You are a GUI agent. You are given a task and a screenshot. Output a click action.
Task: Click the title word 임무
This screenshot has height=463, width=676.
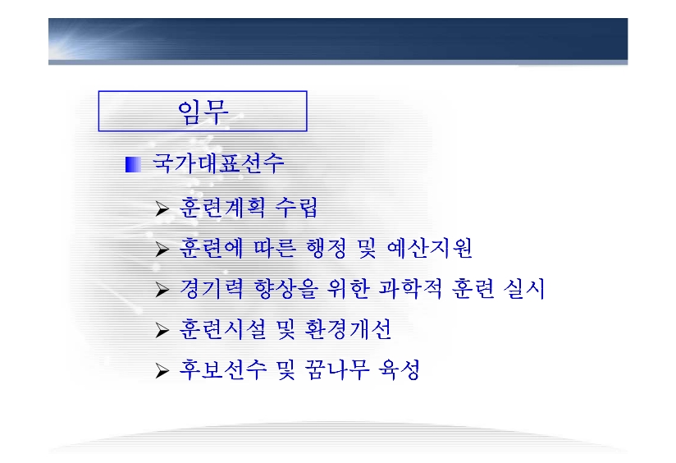203,112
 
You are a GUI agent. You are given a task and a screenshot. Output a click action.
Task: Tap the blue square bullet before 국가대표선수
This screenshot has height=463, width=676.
133,164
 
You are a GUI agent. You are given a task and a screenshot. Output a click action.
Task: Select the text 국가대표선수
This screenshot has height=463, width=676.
218,163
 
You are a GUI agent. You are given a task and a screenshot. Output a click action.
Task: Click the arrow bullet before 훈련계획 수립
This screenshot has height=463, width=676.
162,209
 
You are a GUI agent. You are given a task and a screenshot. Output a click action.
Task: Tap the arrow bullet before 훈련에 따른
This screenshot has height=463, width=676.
162,249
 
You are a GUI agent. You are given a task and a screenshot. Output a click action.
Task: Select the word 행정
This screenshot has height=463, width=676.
326,248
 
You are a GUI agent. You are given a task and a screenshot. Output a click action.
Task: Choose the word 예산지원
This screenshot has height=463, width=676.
430,248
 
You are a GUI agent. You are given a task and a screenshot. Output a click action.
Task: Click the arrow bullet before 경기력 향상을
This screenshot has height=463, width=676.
162,290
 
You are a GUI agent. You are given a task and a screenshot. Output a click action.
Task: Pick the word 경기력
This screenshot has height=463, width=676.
212,289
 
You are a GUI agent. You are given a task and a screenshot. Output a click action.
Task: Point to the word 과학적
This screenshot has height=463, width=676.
410,289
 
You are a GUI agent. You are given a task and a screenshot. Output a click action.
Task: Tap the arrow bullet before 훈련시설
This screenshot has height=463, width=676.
162,330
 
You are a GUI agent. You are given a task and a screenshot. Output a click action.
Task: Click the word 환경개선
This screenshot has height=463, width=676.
348,329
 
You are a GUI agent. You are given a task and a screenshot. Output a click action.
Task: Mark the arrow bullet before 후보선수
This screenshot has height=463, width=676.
162,371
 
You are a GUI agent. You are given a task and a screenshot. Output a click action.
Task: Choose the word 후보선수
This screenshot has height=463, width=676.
222,369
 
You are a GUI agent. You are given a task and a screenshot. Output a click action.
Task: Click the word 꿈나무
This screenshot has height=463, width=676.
336,369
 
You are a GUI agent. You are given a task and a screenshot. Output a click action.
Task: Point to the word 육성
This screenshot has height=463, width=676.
400,369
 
